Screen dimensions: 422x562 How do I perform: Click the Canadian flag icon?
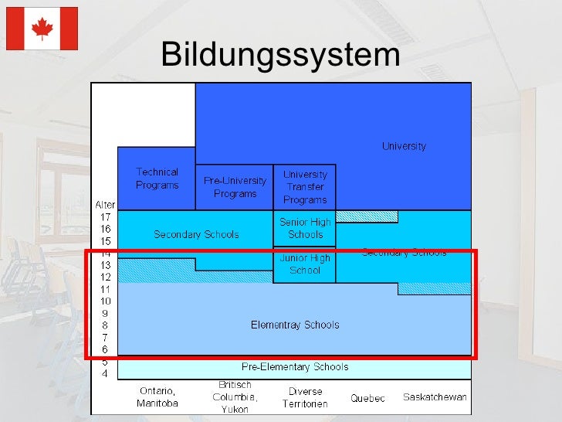coord(42,29)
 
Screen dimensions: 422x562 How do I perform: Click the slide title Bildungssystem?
coord(280,56)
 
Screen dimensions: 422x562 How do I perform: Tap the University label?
coord(404,146)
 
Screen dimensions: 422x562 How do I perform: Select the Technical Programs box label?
coord(157,179)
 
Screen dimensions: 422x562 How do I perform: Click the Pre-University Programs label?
coord(235,187)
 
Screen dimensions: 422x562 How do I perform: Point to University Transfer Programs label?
coord(305,187)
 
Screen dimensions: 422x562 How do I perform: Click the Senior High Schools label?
coord(305,228)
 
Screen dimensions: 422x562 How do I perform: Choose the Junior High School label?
coord(305,264)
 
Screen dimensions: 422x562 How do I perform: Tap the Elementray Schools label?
coord(295,325)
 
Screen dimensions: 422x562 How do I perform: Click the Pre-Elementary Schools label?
coord(295,367)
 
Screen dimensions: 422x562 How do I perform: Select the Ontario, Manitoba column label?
coord(157,397)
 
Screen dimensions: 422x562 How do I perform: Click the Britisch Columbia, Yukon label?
coord(235,397)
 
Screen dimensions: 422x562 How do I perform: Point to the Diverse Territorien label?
coord(305,397)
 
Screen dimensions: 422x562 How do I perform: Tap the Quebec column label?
coord(367,398)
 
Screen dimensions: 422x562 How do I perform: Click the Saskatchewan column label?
coord(435,397)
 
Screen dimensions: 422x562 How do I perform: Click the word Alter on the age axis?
coord(105,205)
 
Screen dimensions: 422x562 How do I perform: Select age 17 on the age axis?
coord(105,217)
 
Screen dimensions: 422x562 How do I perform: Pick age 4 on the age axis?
coord(105,374)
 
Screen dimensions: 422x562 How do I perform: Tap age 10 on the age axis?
coord(105,301)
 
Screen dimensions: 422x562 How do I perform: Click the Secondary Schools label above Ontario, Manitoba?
coord(196,234)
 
